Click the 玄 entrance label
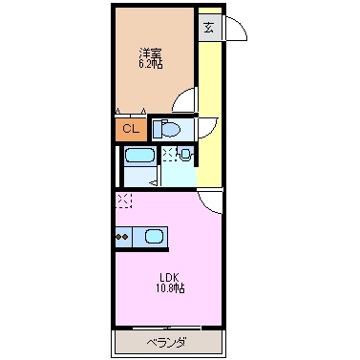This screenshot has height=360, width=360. click(x=208, y=27)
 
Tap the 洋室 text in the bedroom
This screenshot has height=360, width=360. click(x=149, y=53)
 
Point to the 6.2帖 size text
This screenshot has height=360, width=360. click(x=149, y=65)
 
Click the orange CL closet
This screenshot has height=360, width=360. click(x=131, y=127)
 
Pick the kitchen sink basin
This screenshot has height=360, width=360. click(x=153, y=235)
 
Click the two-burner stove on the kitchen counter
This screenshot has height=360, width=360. click(x=122, y=235)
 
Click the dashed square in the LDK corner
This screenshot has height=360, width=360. click(x=124, y=201)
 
